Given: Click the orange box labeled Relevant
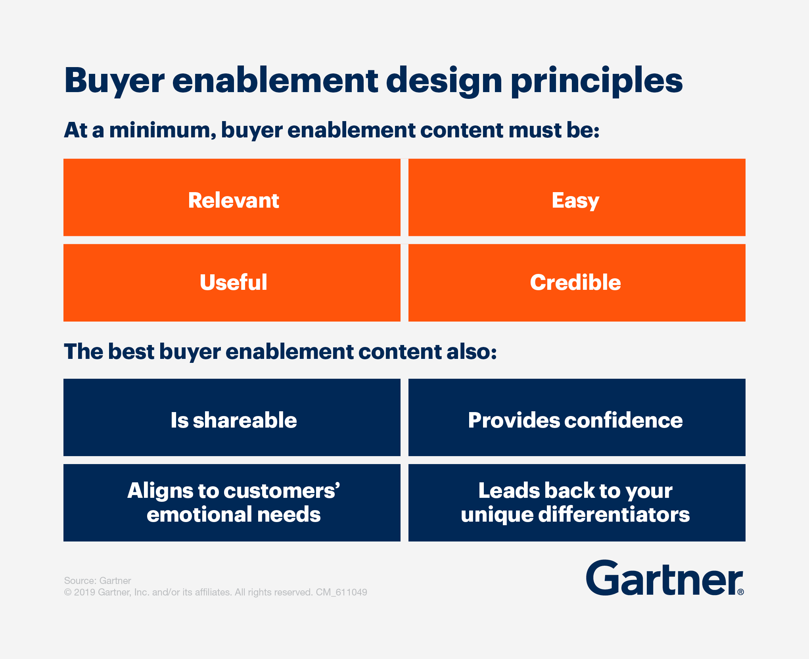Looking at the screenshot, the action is pyautogui.click(x=232, y=197).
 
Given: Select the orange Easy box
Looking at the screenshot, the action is pyautogui.click(x=577, y=197).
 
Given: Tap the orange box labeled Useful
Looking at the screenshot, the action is pyautogui.click(x=232, y=283).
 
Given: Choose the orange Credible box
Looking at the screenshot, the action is pyautogui.click(x=577, y=283).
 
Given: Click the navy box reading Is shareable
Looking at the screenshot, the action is pyautogui.click(x=232, y=417).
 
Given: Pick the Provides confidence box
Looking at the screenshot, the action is pyautogui.click(x=577, y=417).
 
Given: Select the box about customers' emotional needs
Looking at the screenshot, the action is pyautogui.click(x=232, y=503).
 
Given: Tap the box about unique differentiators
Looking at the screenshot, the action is pyautogui.click(x=577, y=503).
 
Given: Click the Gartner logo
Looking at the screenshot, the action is pyautogui.click(x=665, y=578).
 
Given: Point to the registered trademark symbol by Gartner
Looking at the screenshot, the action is pyautogui.click(x=741, y=592).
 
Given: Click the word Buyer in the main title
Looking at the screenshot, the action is pyautogui.click(x=114, y=81).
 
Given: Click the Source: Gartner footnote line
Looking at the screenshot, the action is pyautogui.click(x=98, y=580).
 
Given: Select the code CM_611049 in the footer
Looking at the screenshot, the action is pyautogui.click(x=341, y=592).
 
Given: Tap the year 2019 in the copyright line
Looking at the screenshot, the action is pyautogui.click(x=84, y=592).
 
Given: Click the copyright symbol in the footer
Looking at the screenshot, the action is pyautogui.click(x=68, y=592).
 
